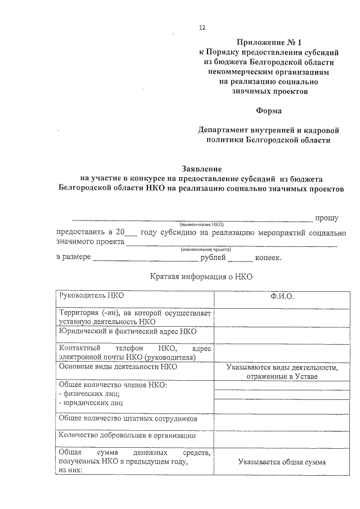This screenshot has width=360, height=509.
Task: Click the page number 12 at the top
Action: (x=202, y=27)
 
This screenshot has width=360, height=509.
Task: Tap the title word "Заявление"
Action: (x=202, y=168)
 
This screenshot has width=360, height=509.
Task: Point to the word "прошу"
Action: (x=326, y=217)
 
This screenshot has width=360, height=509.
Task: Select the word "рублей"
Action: (x=213, y=258)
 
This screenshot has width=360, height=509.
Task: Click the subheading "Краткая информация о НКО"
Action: (x=202, y=276)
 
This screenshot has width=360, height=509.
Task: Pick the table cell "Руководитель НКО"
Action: (x=92, y=295)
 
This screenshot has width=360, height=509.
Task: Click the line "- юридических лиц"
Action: (x=91, y=403)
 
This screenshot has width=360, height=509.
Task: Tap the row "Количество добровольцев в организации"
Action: (x=127, y=436)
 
